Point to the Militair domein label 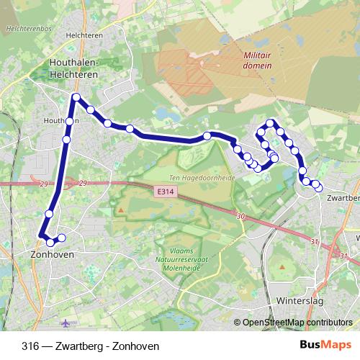click(x=257, y=59)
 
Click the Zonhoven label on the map click(x=54, y=254)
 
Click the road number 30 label click(x=240, y=215)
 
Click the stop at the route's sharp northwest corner click(x=76, y=96)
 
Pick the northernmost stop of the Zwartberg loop click(x=271, y=123)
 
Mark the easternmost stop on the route click(x=318, y=188)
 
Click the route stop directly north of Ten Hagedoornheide click(x=207, y=136)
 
